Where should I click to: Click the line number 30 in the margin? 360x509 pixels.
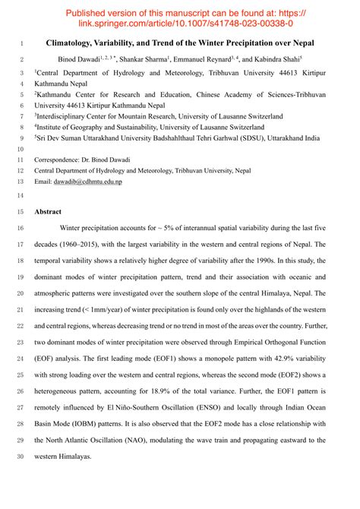(20, 457)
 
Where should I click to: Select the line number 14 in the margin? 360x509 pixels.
(20, 196)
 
